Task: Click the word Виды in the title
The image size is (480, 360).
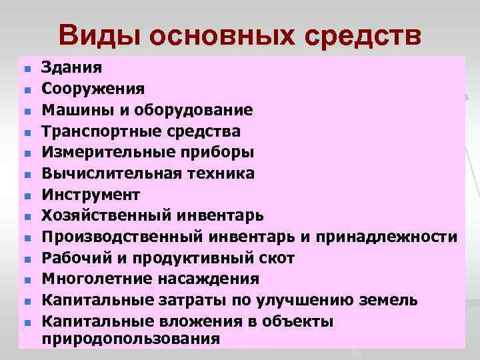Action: [x=100, y=36]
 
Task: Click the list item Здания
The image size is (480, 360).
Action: [x=72, y=67]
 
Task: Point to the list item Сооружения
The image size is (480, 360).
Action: [x=92, y=88]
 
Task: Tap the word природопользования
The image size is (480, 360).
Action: [x=130, y=338]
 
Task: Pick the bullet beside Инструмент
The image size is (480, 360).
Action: [x=27, y=197]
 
